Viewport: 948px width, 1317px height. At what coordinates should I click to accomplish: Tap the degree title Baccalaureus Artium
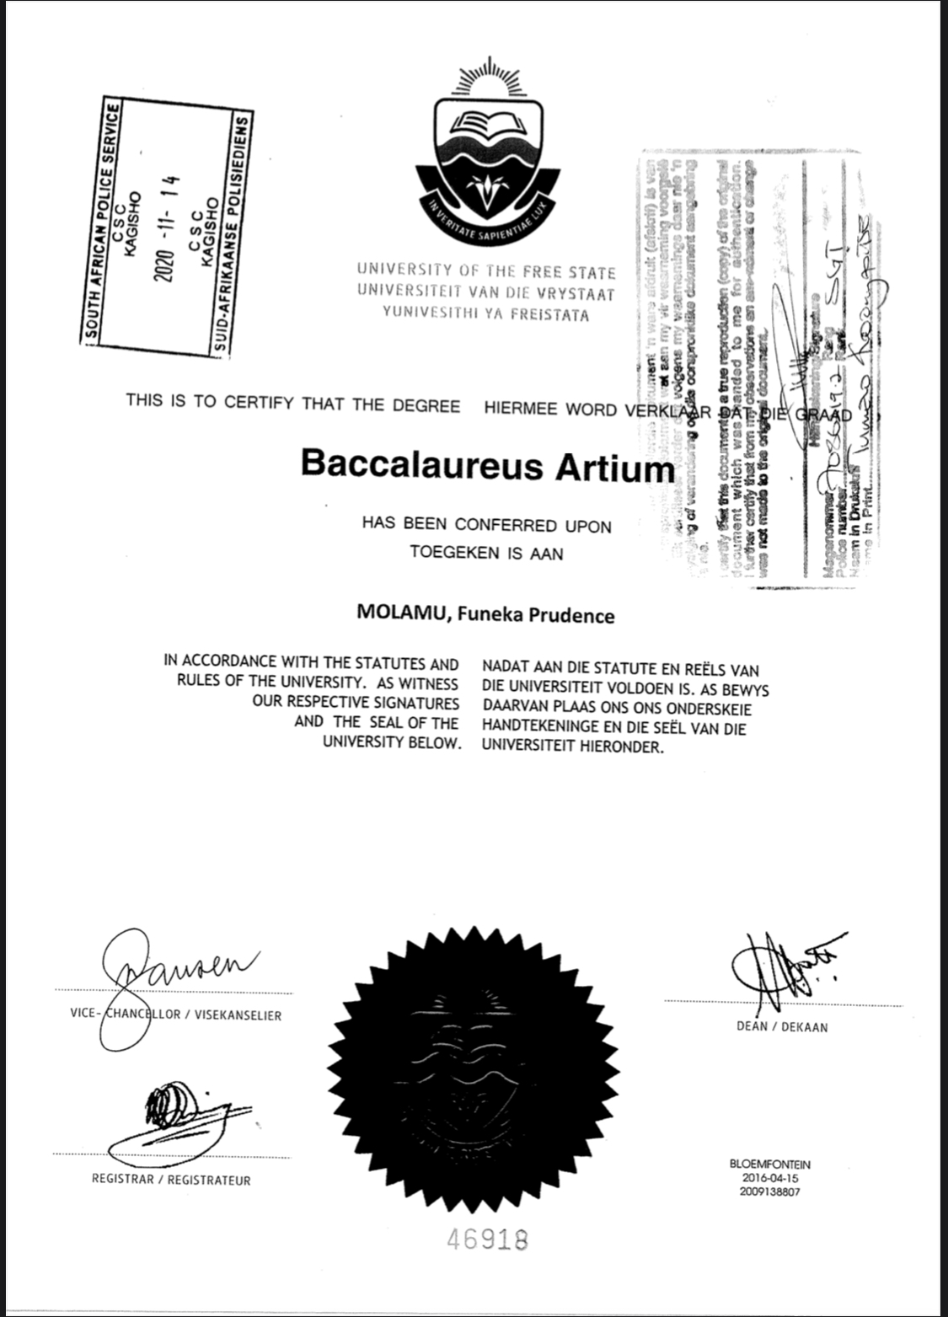pos(488,465)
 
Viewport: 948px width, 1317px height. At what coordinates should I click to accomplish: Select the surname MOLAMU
pos(395,615)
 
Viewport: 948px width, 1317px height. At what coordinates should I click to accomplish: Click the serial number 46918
pos(488,1239)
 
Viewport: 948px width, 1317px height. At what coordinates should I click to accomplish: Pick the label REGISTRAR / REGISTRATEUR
pos(171,1180)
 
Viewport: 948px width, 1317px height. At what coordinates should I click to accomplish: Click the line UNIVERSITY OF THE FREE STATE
pos(486,272)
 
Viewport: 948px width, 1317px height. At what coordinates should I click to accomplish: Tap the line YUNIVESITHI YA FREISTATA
pos(486,315)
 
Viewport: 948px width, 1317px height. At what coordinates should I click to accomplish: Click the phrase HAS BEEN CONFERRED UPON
pos(486,525)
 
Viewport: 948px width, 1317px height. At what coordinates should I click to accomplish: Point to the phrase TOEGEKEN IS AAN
pos(486,554)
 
